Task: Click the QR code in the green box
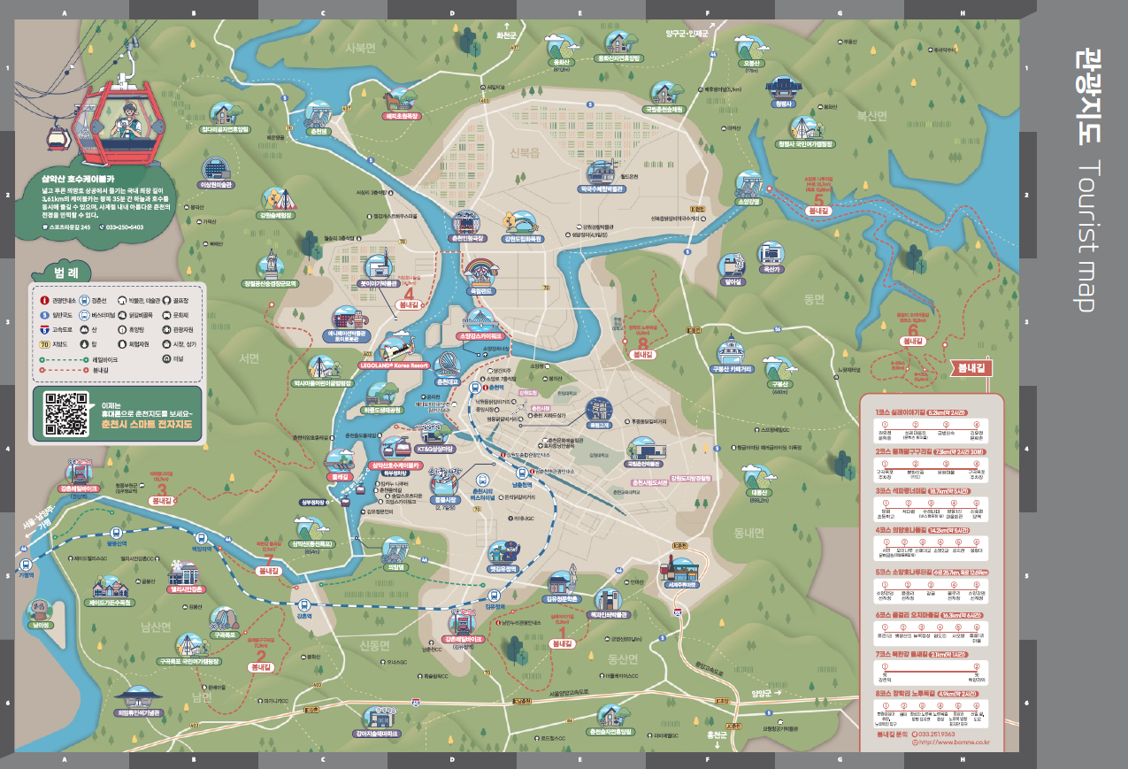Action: tap(66, 414)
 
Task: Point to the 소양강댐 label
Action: tap(748, 201)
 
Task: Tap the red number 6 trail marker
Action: tap(912, 329)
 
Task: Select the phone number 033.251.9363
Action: tap(937, 734)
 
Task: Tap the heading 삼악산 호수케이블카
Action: tap(86, 177)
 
